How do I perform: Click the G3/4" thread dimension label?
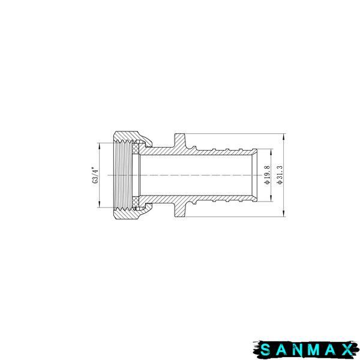coord(95,175)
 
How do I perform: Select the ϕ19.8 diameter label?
coord(267,175)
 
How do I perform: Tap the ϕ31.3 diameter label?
coord(280,175)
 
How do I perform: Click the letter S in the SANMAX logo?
coord(266,350)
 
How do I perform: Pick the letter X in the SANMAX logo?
coord(347,350)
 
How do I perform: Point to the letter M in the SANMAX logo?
coord(314,350)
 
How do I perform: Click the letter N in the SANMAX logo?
coord(298,350)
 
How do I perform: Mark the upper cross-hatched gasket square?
coord(136,148)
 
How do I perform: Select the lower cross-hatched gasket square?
coord(136,203)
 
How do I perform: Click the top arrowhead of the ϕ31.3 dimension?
coord(284,137)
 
